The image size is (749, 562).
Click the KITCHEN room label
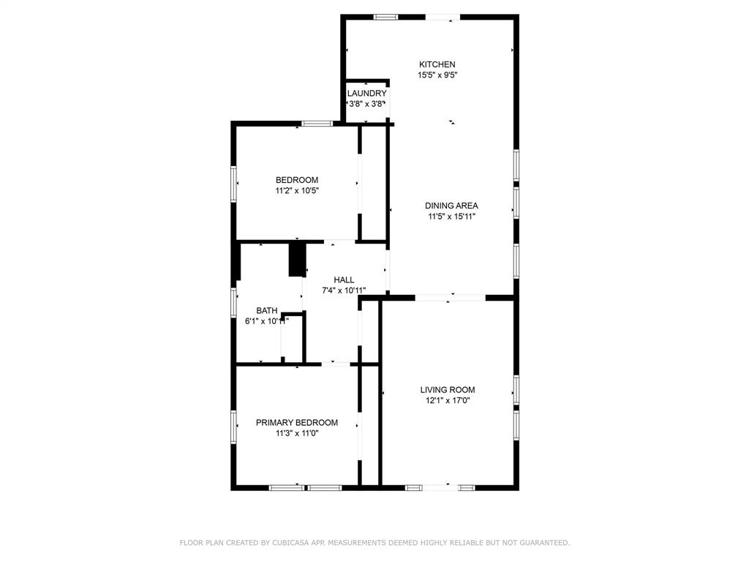pyautogui.click(x=437, y=64)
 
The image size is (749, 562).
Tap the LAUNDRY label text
pyautogui.click(x=367, y=93)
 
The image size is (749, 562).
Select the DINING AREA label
pyautogui.click(x=451, y=206)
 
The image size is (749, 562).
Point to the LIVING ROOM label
pyautogui.click(x=448, y=390)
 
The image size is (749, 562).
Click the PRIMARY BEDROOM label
pyautogui.click(x=297, y=423)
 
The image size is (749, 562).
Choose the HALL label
pyautogui.click(x=344, y=280)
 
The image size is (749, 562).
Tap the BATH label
pyautogui.click(x=266, y=311)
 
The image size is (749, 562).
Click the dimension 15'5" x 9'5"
pyautogui.click(x=437, y=75)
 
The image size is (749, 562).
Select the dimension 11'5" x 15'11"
pyautogui.click(x=451, y=217)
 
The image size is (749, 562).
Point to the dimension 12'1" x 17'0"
pyautogui.click(x=448, y=400)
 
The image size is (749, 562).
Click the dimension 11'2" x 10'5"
pyautogui.click(x=297, y=191)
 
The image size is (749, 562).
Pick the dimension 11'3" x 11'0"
pyautogui.click(x=297, y=433)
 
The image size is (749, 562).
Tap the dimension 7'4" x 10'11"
pyautogui.click(x=344, y=291)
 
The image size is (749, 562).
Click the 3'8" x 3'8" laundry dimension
pyautogui.click(x=366, y=104)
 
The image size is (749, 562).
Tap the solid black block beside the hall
pyautogui.click(x=297, y=259)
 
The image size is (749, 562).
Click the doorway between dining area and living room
pyautogui.click(x=450, y=298)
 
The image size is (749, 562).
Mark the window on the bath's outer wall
pyautogui.click(x=233, y=302)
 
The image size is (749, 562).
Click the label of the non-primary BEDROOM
pyautogui.click(x=297, y=180)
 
